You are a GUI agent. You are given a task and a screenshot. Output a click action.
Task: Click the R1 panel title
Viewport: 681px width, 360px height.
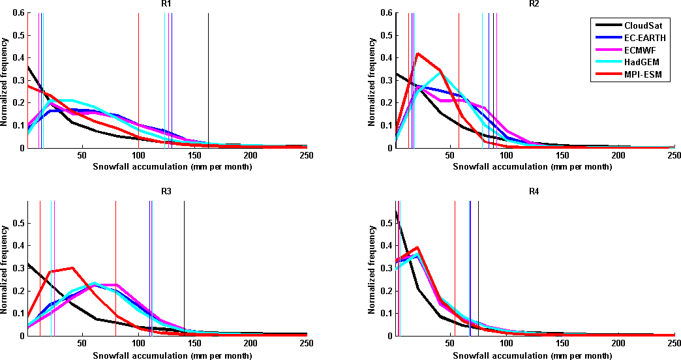167,4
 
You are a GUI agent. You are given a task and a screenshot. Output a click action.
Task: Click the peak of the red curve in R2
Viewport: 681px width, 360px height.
417,53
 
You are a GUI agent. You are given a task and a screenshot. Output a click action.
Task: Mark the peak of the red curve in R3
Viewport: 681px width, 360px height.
72,267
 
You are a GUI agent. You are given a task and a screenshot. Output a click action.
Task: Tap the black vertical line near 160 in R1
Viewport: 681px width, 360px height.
208,78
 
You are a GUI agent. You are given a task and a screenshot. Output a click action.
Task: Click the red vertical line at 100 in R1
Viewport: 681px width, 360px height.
139,78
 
